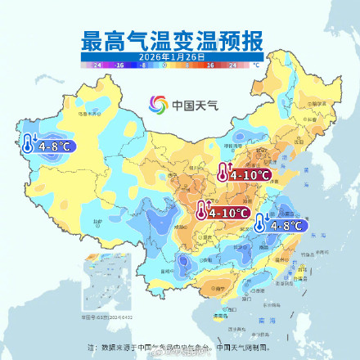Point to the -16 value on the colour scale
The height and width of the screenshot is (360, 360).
click(x=119, y=63)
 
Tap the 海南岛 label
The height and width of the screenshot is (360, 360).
click(x=219, y=314)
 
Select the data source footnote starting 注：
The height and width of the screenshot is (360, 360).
click(x=179, y=347)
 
